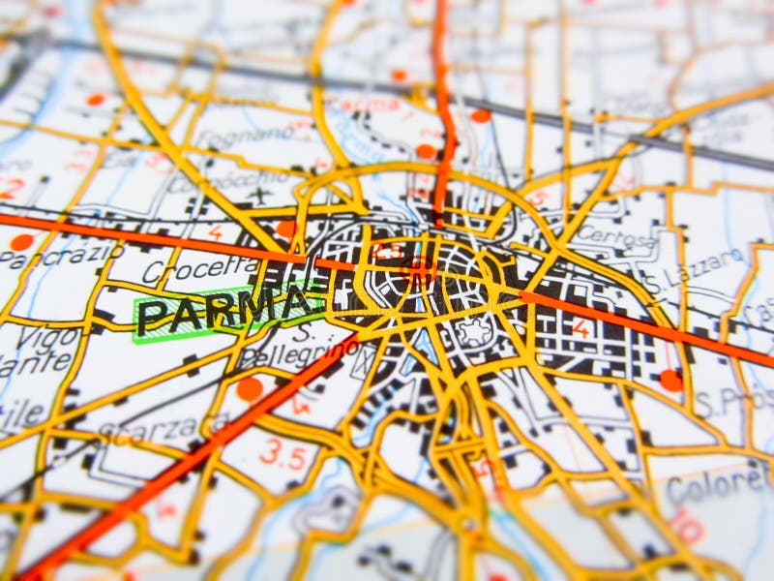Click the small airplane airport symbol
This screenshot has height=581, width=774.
[x=259, y=195]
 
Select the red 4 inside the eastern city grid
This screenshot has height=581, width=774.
[x=580, y=329]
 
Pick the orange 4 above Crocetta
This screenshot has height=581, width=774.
[x=215, y=232]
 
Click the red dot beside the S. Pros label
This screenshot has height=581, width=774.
[x=670, y=380]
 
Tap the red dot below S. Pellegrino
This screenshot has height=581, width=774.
[x=250, y=388]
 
